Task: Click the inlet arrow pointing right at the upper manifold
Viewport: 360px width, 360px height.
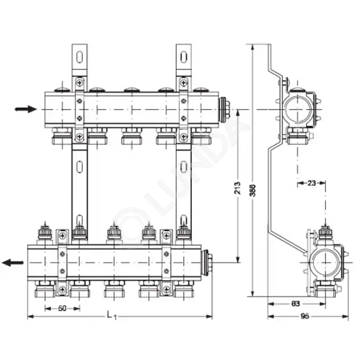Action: click(26, 110)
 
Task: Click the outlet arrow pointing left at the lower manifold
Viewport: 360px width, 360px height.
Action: click(13, 263)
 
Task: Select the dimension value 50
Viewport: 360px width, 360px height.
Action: click(62, 308)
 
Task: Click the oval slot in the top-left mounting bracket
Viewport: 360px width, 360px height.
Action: click(80, 59)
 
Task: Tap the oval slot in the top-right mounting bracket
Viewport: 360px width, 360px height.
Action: click(184, 59)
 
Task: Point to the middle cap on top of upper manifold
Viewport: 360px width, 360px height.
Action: click(131, 91)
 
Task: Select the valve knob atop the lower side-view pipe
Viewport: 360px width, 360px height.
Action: click(325, 232)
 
